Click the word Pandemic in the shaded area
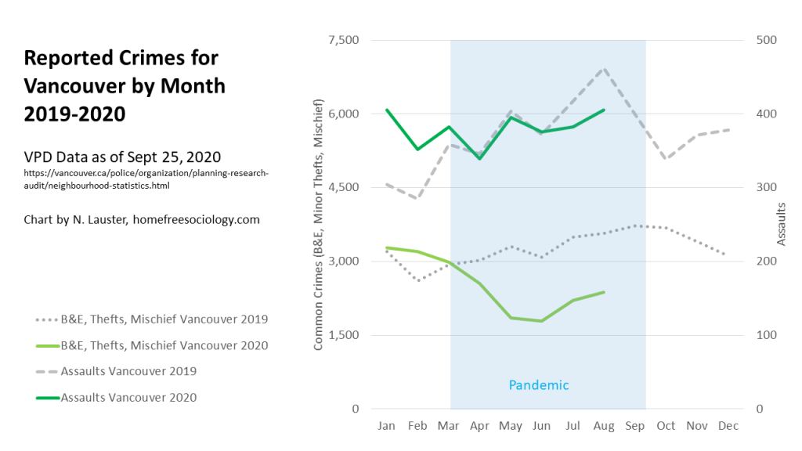click(539, 385)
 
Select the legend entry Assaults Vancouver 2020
click(128, 397)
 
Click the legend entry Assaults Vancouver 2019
click(128, 370)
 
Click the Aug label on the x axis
click(604, 425)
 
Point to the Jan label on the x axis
click(386, 425)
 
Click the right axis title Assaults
click(781, 224)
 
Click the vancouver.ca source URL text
click(146, 179)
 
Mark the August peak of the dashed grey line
click(604, 69)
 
